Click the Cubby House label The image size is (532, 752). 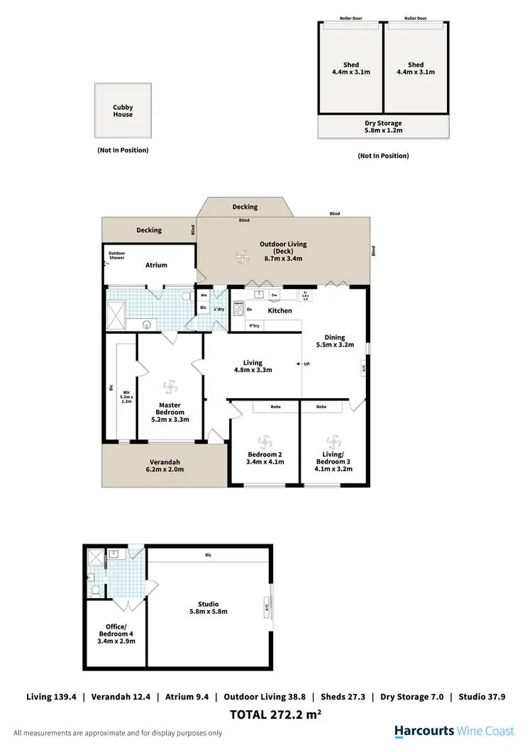pyautogui.click(x=123, y=111)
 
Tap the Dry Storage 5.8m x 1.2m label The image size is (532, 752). pyautogui.click(x=383, y=127)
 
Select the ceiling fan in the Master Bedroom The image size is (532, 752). pyautogui.click(x=170, y=387)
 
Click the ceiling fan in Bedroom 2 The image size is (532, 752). pyautogui.click(x=265, y=439)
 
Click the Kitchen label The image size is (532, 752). pyautogui.click(x=279, y=310)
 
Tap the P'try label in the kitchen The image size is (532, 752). pyautogui.click(x=254, y=325)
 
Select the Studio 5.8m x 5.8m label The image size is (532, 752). pyautogui.click(x=209, y=608)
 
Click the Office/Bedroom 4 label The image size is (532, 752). pyautogui.click(x=116, y=633)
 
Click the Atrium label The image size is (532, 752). pyautogui.click(x=156, y=265)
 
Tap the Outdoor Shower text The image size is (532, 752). pyautogui.click(x=116, y=256)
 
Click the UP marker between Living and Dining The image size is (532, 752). pyautogui.click(x=306, y=364)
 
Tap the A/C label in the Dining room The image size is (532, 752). pyautogui.click(x=364, y=369)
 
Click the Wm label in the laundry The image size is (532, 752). pyautogui.click(x=204, y=296)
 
